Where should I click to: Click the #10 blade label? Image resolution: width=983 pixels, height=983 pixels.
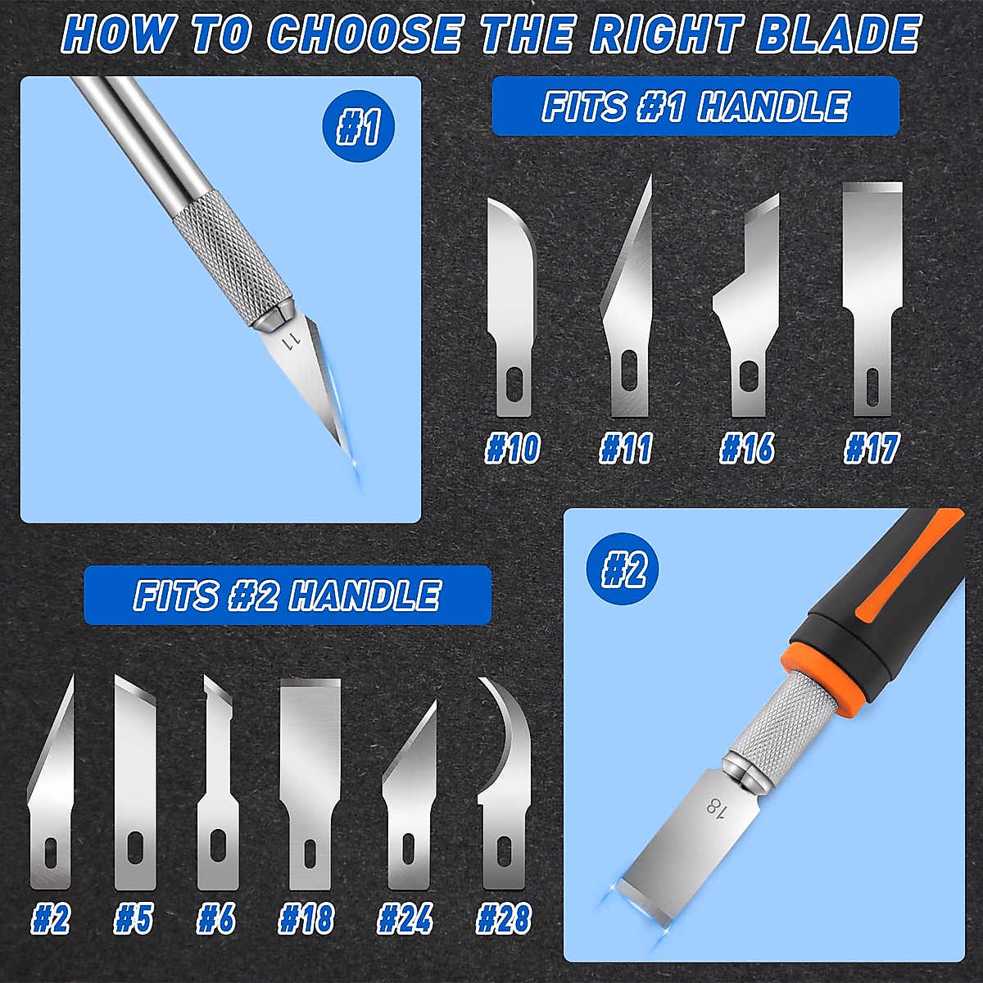coord(512,449)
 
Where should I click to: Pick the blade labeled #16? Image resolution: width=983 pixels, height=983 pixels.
coord(745,319)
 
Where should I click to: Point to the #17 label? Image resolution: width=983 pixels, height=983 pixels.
coord(872,449)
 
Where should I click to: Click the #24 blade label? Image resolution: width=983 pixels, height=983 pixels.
coord(405,919)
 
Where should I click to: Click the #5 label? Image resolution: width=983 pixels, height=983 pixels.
coord(134,919)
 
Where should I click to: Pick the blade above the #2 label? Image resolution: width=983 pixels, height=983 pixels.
coord(51,795)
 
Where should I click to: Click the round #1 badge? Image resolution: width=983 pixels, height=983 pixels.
coord(359,128)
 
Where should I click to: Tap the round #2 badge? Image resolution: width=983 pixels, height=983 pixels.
coord(623,569)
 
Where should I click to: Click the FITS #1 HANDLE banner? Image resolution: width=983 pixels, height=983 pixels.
coord(695,106)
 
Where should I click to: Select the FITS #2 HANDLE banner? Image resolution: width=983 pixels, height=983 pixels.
coord(288,596)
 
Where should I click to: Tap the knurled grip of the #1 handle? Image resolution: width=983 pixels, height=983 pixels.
coord(232,254)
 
